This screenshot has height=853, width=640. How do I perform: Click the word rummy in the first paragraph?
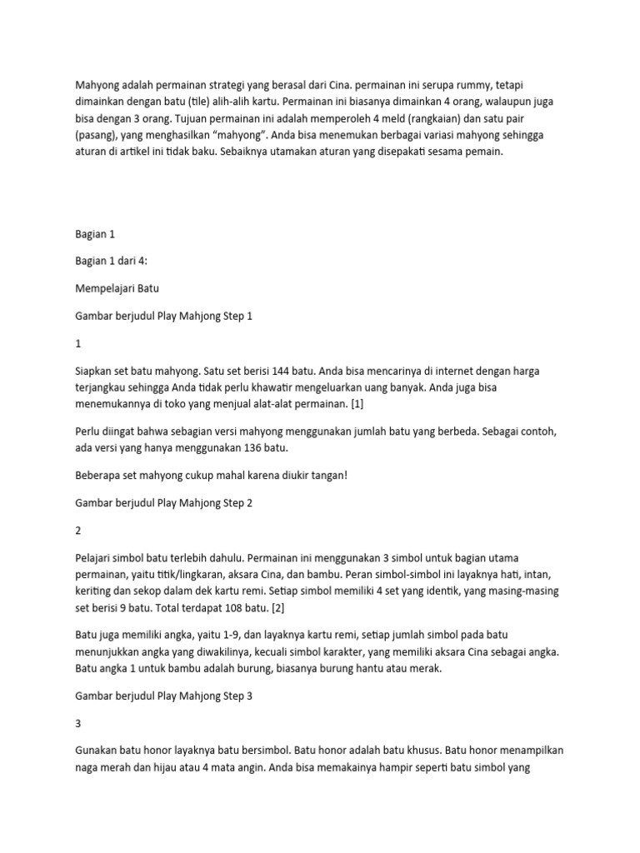click(466, 86)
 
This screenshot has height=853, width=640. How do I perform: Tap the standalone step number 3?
click(78, 701)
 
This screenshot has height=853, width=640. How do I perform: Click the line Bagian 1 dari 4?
click(110, 262)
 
